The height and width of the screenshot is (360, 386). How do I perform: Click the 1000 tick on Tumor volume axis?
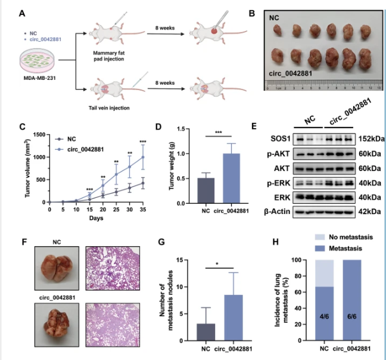point(41,157)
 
